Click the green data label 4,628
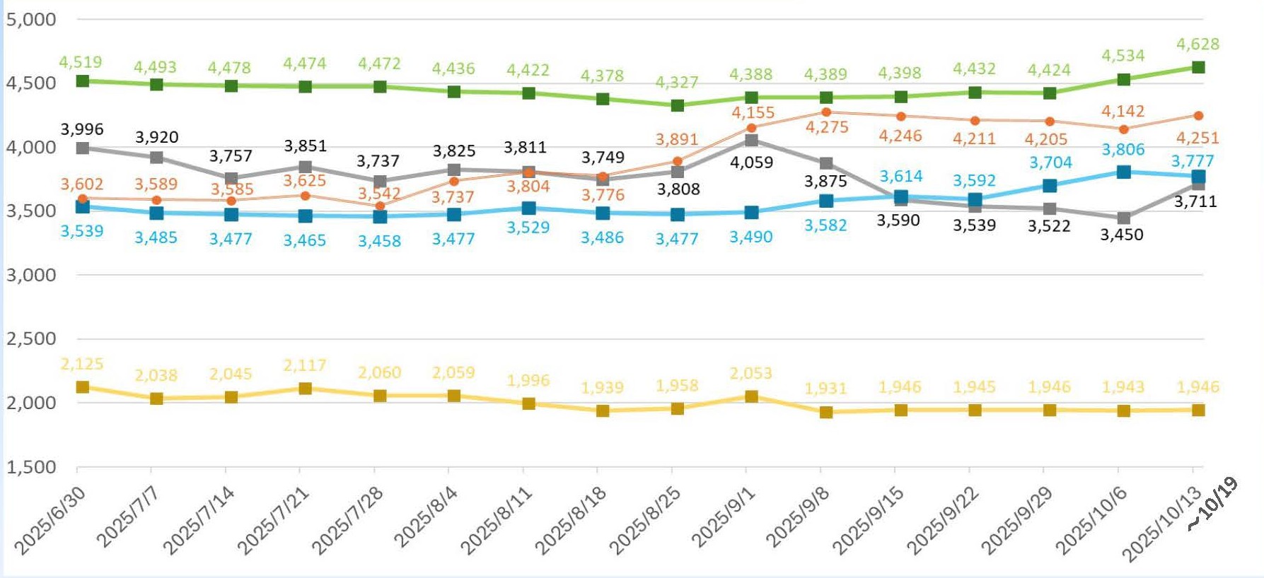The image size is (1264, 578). click(x=1198, y=45)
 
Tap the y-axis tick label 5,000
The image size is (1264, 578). click(x=31, y=19)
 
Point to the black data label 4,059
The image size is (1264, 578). click(x=751, y=163)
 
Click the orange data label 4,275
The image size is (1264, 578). click(x=826, y=128)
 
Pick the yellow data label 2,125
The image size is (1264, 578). click(x=82, y=364)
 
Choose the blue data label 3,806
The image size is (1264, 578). click(x=1123, y=150)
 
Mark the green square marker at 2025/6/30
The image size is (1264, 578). click(x=83, y=81)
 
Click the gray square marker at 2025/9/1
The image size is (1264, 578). click(x=751, y=141)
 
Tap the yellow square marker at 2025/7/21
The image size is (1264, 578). click(x=306, y=389)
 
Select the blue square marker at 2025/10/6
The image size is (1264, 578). click(x=1123, y=172)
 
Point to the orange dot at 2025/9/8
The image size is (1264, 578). click(x=826, y=112)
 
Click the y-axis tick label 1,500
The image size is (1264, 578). click(x=31, y=467)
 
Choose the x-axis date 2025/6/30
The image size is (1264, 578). click(x=50, y=521)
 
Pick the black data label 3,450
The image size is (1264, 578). click(x=1121, y=235)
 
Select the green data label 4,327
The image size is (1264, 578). click(x=676, y=83)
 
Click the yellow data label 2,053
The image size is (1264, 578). click(x=750, y=373)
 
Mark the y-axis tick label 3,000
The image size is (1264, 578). click(x=31, y=275)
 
